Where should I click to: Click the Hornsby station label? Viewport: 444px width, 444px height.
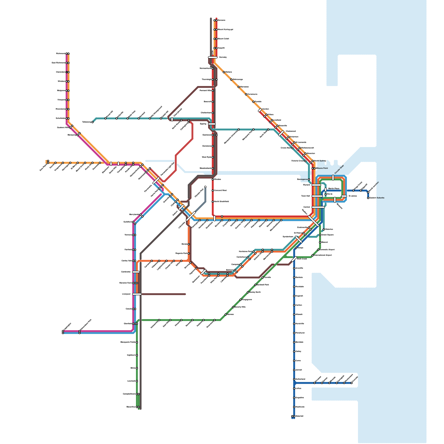(x=223, y=57)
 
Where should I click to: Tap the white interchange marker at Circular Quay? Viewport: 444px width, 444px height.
(x=333, y=178)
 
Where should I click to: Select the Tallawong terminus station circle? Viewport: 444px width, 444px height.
(x=92, y=122)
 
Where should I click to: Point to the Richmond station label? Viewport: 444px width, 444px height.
(x=60, y=54)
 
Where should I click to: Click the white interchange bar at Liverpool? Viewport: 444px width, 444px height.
(x=137, y=294)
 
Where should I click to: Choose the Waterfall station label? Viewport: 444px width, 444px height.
(x=300, y=416)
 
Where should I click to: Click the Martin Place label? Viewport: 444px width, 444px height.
(x=334, y=189)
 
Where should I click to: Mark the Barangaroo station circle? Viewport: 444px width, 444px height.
(x=309, y=180)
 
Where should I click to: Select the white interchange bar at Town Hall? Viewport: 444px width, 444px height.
(x=317, y=196)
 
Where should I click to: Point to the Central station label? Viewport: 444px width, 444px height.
(x=307, y=207)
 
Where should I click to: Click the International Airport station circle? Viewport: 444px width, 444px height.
(x=313, y=255)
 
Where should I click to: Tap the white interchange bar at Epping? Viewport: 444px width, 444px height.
(x=212, y=124)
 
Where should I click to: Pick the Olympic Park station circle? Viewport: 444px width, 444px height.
(x=205, y=187)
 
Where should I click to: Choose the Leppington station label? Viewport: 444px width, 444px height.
(x=67, y=326)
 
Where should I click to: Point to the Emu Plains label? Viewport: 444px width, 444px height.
(x=43, y=168)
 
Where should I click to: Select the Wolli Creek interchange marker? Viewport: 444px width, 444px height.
(x=294, y=259)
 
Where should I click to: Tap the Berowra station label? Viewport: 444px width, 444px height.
(x=221, y=20)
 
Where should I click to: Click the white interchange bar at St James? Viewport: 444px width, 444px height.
(x=344, y=196)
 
